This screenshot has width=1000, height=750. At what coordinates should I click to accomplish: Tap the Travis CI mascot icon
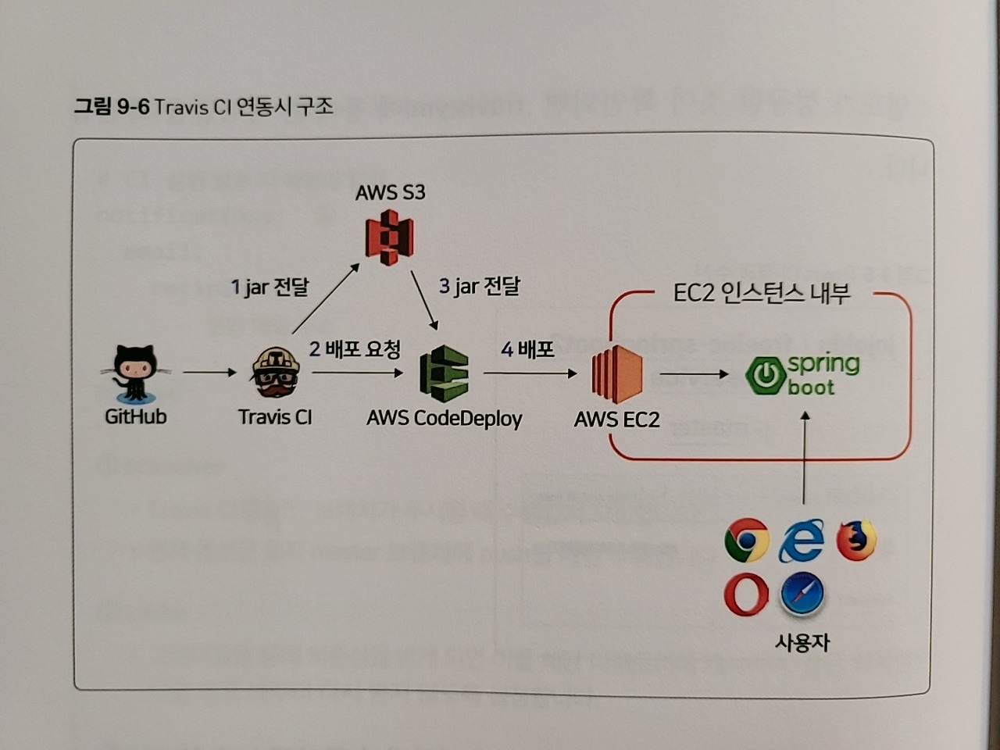[275, 373]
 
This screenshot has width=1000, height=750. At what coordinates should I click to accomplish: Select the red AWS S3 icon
[390, 237]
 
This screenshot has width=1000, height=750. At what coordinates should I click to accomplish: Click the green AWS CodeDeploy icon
[444, 374]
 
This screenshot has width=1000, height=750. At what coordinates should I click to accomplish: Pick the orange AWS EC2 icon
[616, 374]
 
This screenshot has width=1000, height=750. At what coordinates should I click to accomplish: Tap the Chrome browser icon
[747, 540]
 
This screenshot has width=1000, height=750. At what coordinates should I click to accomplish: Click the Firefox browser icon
[856, 540]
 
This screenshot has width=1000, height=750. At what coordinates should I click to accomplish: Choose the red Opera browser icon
[746, 595]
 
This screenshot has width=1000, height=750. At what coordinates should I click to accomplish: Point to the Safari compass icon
[802, 595]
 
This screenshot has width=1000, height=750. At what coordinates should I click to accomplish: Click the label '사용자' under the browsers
[802, 642]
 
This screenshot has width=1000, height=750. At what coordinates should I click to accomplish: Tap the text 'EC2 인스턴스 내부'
[762, 293]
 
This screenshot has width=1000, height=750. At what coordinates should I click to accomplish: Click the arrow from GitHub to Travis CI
[209, 373]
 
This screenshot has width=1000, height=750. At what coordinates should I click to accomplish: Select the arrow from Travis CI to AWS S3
[325, 298]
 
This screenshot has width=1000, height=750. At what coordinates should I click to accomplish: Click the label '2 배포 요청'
[355, 348]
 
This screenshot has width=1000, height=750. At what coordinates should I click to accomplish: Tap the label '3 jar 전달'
[479, 286]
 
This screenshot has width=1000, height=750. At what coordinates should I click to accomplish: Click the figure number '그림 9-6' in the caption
[112, 106]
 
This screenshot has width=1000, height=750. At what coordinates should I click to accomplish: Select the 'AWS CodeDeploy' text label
[444, 419]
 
